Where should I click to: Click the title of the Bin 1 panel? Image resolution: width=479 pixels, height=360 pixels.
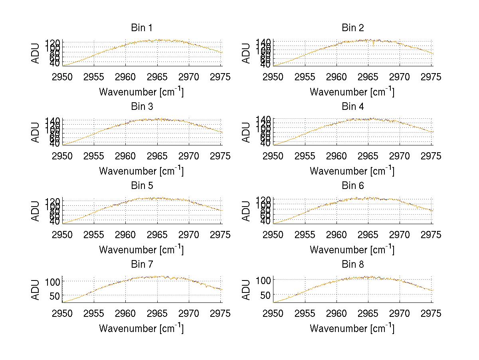142,28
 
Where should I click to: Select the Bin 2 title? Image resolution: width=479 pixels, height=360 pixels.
352,28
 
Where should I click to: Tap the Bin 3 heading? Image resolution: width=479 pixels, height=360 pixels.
142,107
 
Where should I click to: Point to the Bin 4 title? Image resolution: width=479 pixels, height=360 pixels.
352,107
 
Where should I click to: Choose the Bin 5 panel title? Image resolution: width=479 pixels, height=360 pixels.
142,186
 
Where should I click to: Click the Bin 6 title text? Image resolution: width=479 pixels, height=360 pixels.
352,186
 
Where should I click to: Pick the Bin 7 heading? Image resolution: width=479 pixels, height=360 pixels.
142,265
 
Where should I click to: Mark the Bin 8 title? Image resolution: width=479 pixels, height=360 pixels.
352,265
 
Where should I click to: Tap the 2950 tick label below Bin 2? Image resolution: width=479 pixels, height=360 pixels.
273,77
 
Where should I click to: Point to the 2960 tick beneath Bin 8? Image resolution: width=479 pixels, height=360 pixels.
336,314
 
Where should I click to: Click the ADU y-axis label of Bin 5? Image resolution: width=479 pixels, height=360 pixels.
36,212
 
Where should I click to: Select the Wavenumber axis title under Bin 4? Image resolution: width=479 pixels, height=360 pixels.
352,171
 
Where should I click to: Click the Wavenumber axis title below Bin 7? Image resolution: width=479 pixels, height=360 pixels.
141,328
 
